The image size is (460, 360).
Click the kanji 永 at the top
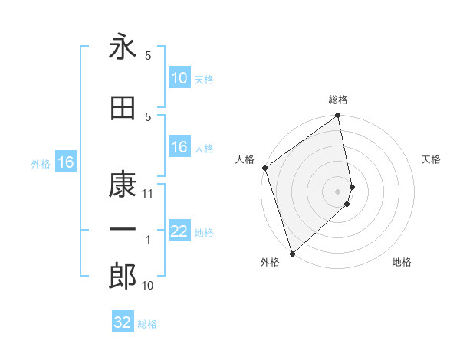(x=123, y=47)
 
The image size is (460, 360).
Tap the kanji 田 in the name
(x=123, y=108)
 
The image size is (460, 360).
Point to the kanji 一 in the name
(x=123, y=231)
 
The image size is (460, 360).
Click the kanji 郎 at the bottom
(x=123, y=277)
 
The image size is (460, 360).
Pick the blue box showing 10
(x=179, y=78)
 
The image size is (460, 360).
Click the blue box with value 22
(x=179, y=231)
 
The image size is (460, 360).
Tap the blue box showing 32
(x=123, y=322)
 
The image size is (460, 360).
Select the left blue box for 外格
(x=65, y=162)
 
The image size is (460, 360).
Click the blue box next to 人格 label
(x=179, y=147)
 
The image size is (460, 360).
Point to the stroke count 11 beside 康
(x=148, y=194)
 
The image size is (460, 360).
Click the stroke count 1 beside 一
(x=148, y=241)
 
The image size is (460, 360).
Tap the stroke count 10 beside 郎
(x=148, y=286)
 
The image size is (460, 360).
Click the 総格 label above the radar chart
(x=338, y=100)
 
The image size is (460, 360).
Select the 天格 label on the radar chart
(x=431, y=159)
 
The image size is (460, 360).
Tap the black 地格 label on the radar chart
(x=402, y=263)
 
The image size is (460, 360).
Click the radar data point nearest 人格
(x=264, y=168)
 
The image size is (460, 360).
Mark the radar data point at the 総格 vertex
(x=338, y=116)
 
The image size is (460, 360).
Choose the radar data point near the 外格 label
(x=291, y=253)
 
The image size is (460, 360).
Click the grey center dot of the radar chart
(x=338, y=191)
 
